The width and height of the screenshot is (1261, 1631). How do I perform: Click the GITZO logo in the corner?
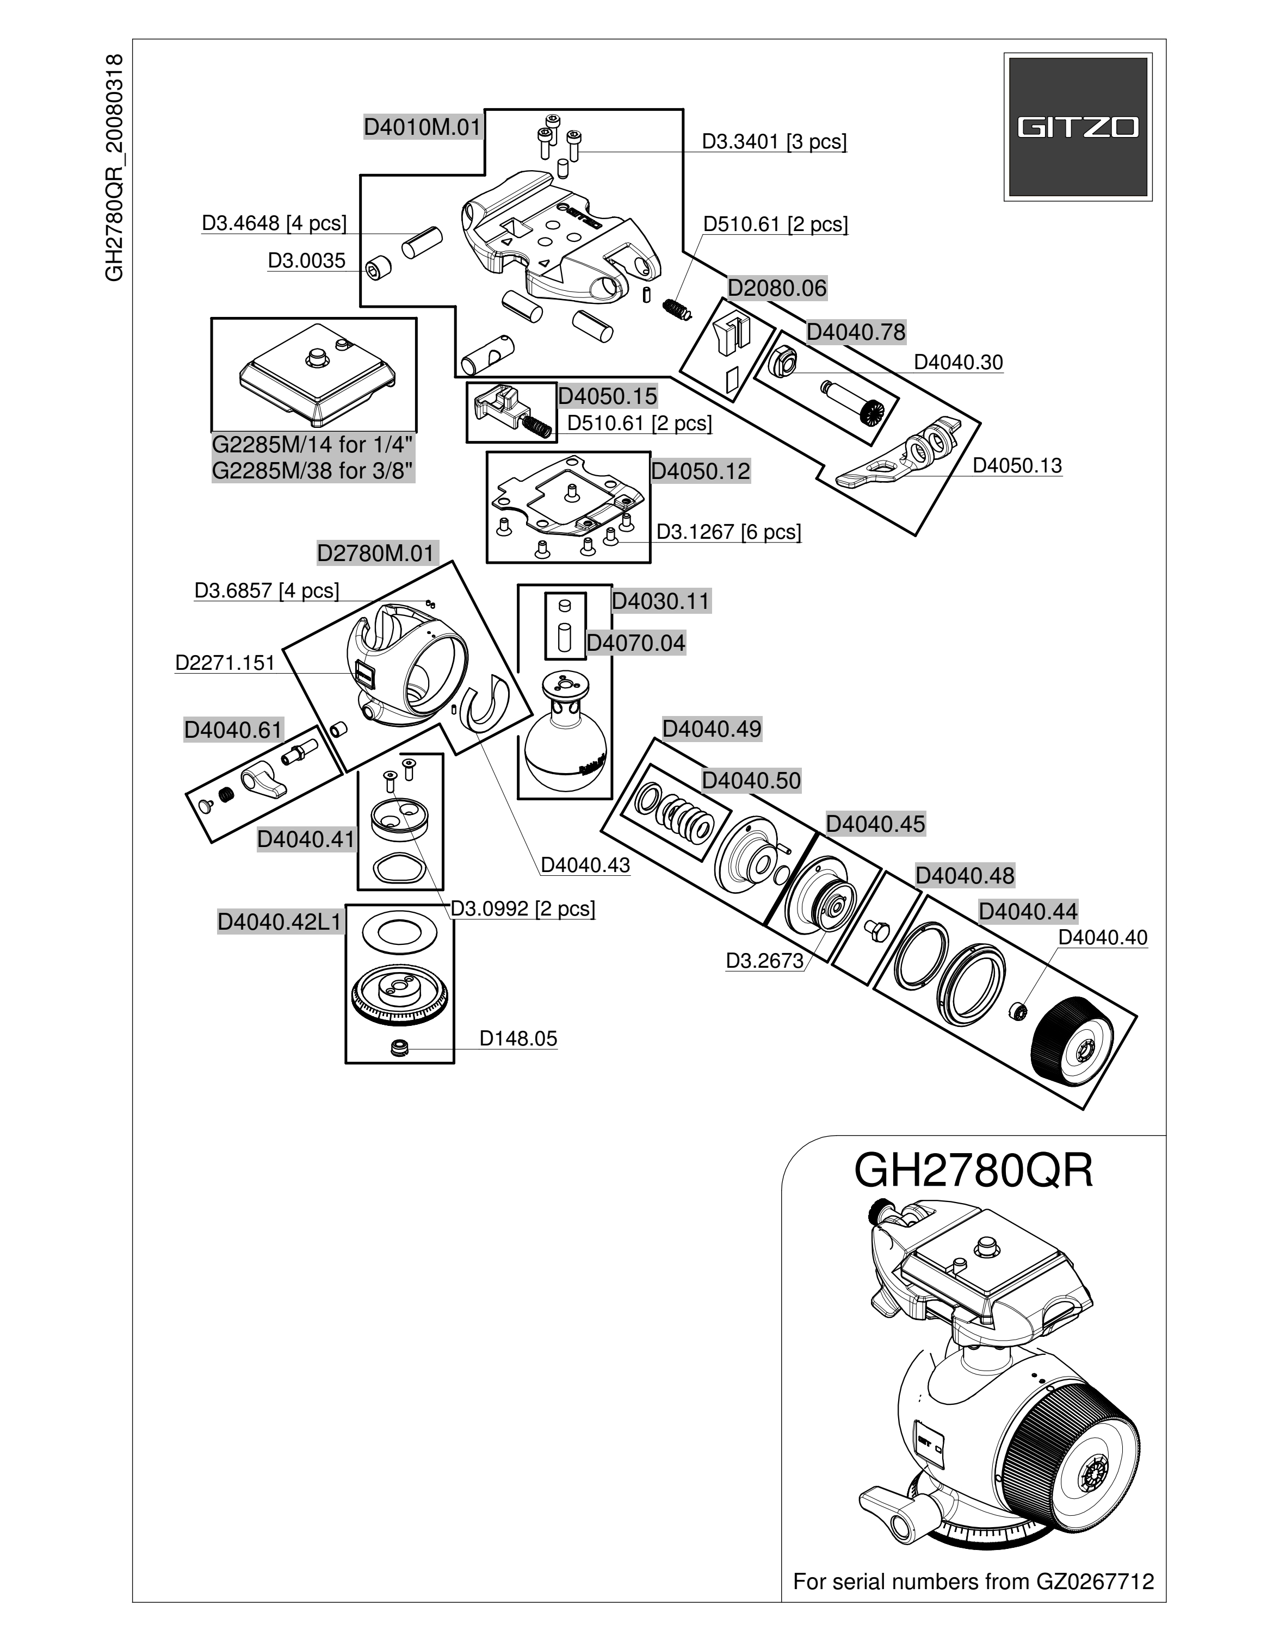pyautogui.click(x=1077, y=127)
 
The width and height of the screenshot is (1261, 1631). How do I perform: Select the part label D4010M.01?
pyautogui.click(x=423, y=127)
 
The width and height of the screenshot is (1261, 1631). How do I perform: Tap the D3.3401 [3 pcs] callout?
pyautogui.click(x=774, y=142)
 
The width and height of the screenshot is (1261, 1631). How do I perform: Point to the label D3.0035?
pyautogui.click(x=306, y=260)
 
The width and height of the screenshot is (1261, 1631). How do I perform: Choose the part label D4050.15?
pyautogui.click(x=607, y=396)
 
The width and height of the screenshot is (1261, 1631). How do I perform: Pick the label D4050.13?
pyautogui.click(x=1017, y=465)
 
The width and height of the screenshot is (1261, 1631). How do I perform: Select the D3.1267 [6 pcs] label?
pyautogui.click(x=728, y=532)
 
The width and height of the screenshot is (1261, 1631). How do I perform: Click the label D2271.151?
pyautogui.click(x=225, y=663)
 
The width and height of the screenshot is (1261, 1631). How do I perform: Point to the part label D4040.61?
pyautogui.click(x=234, y=730)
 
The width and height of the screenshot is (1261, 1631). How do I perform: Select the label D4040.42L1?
pyautogui.click(x=280, y=922)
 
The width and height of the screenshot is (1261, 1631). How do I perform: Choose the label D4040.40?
pyautogui.click(x=1103, y=937)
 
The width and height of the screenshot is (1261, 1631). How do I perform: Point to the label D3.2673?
pyautogui.click(x=764, y=961)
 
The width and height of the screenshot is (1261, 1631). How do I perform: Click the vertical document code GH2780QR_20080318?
pyautogui.click(x=114, y=168)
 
